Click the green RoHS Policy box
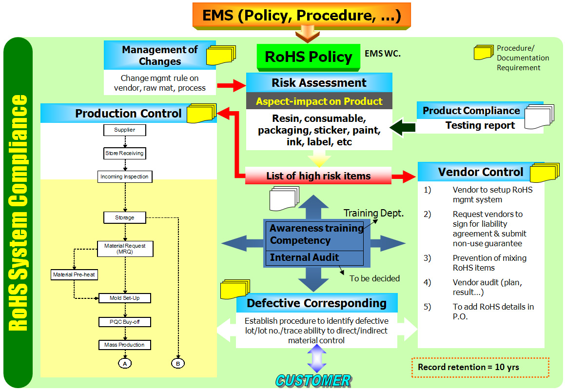308,57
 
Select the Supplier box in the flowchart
125,130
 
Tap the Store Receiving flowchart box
124,153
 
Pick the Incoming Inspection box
124,176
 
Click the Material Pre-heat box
74,274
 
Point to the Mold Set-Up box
124,298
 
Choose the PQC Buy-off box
124,322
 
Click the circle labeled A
125,363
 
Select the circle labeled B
178,363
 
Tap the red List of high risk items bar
318,176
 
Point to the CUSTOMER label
313,380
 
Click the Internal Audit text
304,257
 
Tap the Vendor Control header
480,172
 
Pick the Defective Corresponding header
316,303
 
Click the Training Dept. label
373,213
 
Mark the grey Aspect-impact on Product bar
319,101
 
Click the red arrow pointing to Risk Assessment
231,85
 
